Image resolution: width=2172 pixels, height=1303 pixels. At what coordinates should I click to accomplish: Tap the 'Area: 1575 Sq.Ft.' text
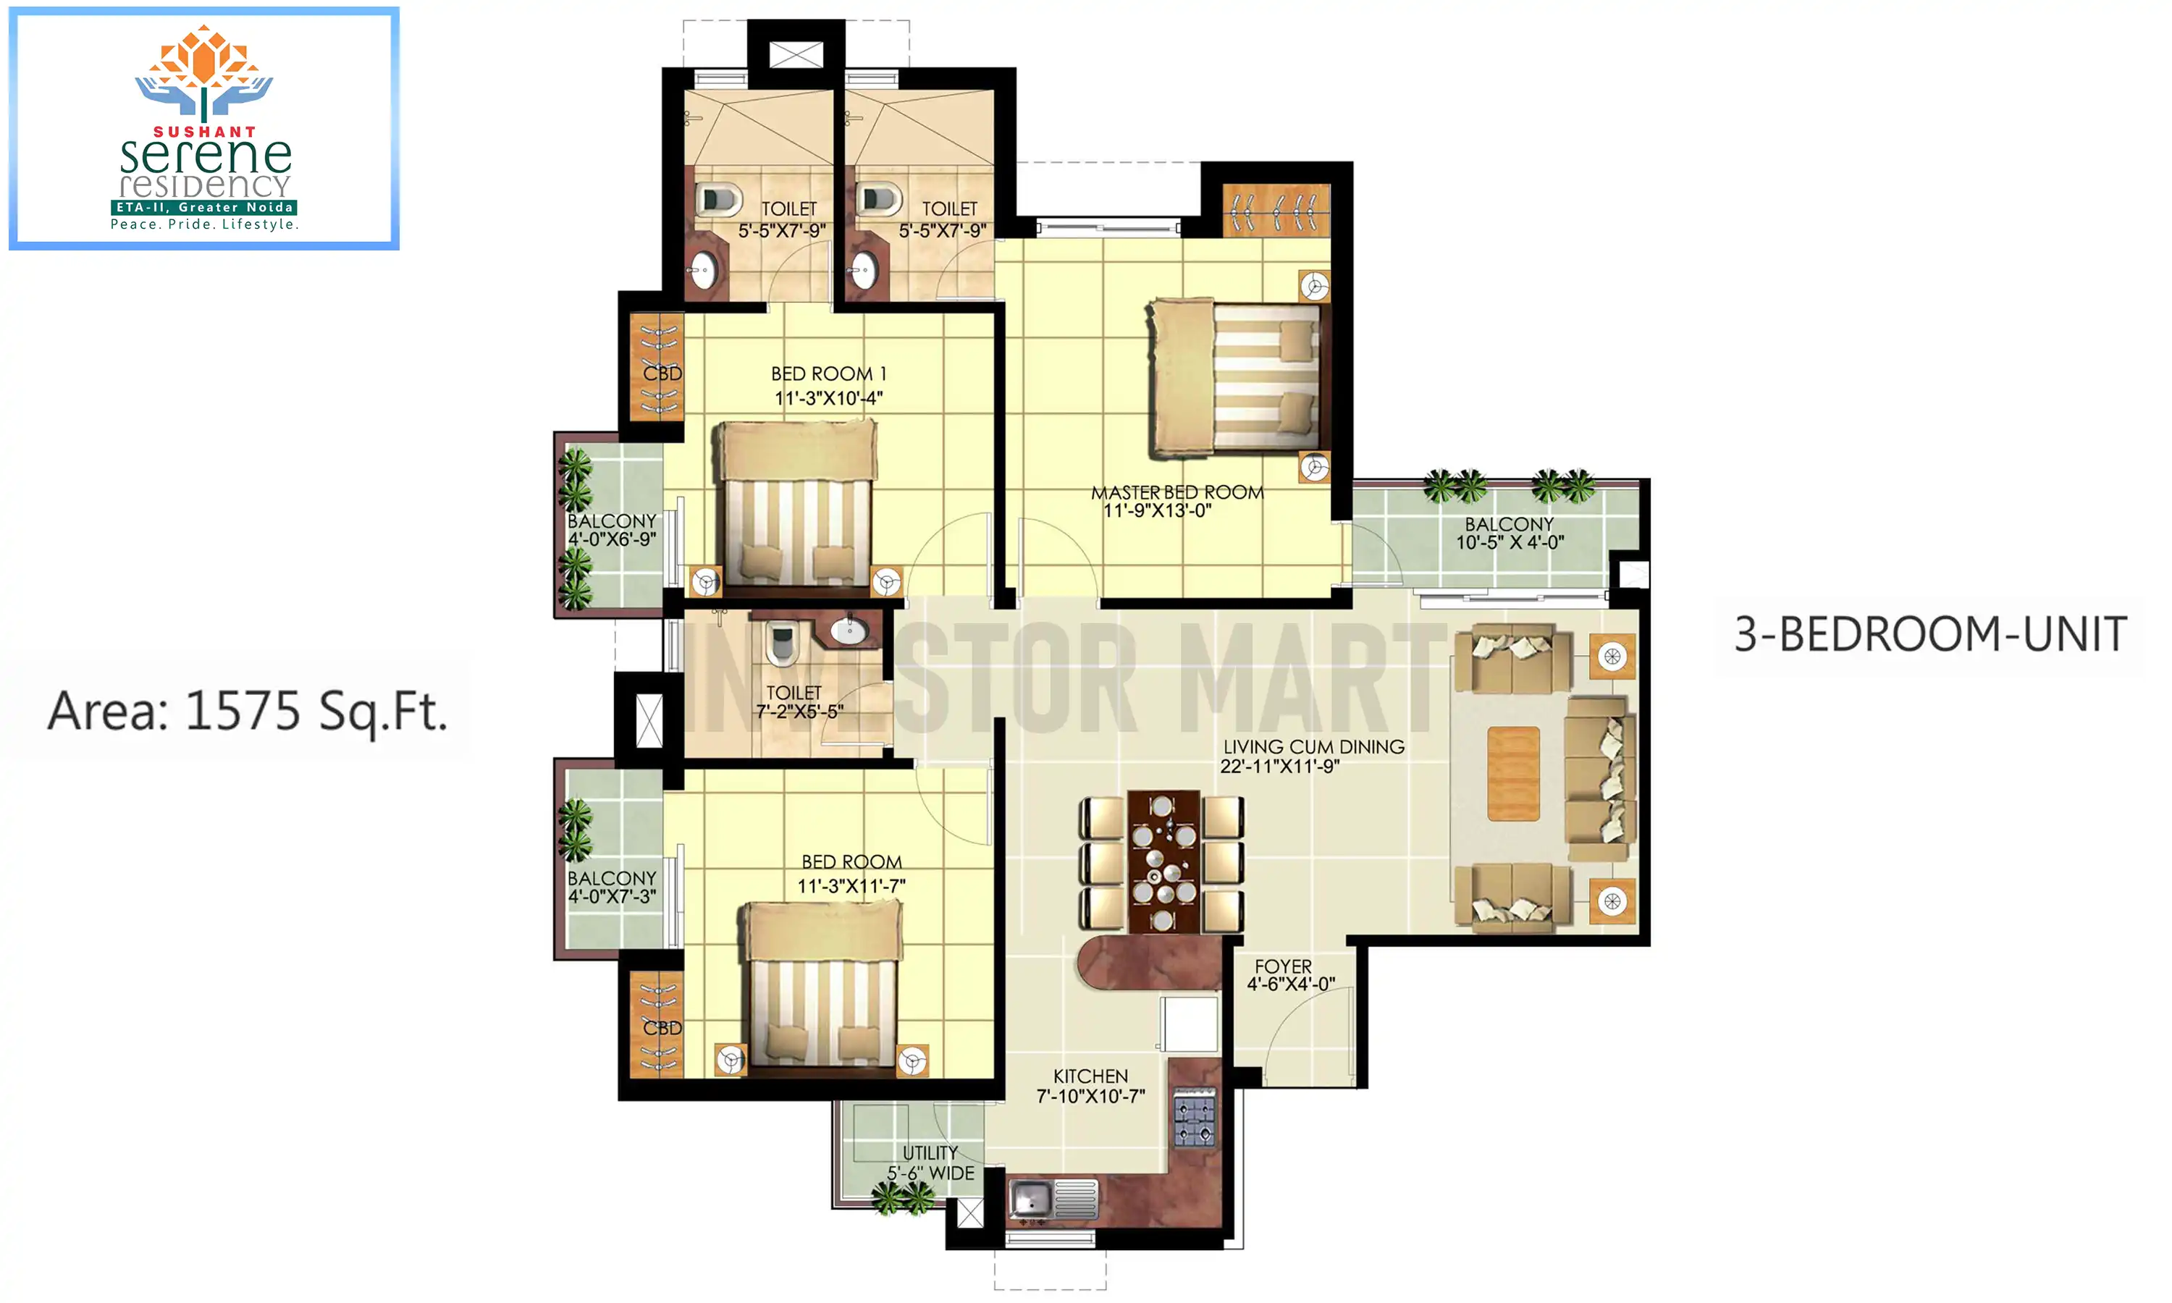tap(248, 710)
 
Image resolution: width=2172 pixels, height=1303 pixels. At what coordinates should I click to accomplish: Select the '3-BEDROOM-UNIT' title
tap(1929, 634)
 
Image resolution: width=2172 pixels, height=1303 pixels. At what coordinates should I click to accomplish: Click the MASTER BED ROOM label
tap(1177, 492)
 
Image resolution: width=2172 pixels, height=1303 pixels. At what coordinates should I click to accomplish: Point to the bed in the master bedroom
tap(1238, 379)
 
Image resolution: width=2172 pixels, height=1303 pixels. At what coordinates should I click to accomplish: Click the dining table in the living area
tap(1163, 861)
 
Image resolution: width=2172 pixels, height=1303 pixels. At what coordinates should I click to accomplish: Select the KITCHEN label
tap(1090, 1076)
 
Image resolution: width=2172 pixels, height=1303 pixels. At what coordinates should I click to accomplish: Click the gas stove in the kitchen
tap(1195, 1121)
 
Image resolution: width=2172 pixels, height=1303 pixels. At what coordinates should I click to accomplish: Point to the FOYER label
tap(1283, 966)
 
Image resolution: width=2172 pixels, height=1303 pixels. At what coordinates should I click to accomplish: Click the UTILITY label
tap(930, 1153)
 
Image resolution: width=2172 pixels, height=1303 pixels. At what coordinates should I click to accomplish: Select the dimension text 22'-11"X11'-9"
tap(1279, 767)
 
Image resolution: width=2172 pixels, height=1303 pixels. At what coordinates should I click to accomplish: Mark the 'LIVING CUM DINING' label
tap(1313, 746)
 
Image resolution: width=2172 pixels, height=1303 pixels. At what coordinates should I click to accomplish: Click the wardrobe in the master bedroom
tap(1276, 210)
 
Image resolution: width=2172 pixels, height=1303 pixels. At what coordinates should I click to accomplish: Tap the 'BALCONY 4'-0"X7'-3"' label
tap(612, 887)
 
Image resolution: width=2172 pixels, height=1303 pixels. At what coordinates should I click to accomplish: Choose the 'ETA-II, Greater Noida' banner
tap(203, 207)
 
